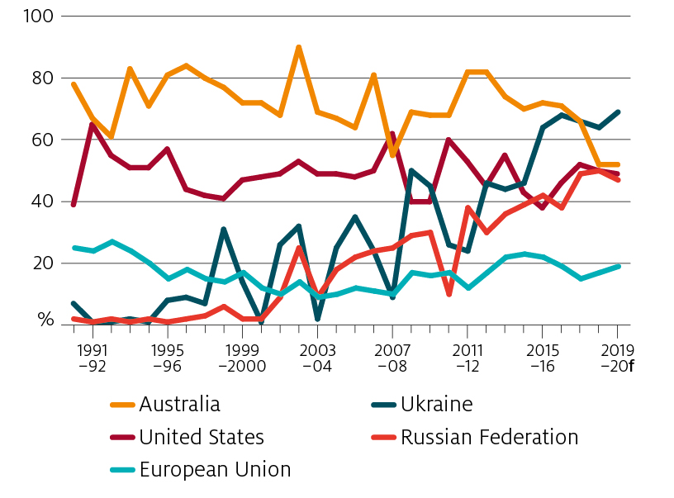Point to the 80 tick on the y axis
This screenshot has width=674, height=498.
coord(40,78)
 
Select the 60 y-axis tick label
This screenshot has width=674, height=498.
coord(40,140)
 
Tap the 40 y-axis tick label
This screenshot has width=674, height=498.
coord(40,202)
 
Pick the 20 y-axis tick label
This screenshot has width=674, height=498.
coord(40,263)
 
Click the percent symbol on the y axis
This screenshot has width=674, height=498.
coord(42,320)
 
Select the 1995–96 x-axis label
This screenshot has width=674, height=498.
coord(168,358)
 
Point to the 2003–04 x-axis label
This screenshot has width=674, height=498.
coord(317,358)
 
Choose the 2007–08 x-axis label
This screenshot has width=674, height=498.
coord(392,358)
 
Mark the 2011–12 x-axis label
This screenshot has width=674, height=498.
coord(468,358)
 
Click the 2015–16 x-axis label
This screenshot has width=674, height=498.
coord(542,358)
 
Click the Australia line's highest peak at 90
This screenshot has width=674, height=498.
coord(298,47)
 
